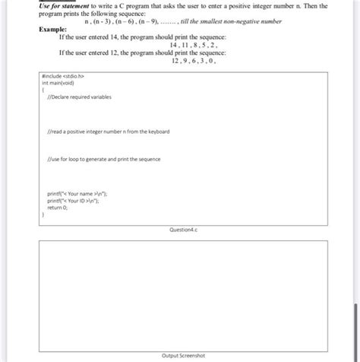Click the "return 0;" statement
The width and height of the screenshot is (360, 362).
(58, 208)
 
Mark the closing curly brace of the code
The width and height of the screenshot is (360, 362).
(43, 215)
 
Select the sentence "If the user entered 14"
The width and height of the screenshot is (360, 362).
(135, 37)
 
